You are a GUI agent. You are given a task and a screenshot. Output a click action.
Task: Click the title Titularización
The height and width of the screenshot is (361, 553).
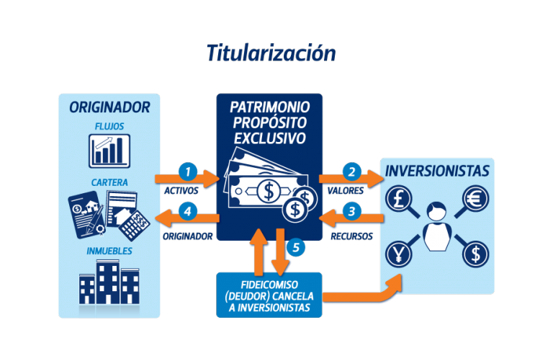click(x=271, y=53)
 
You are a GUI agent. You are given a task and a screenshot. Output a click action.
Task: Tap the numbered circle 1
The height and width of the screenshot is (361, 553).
click(x=188, y=172)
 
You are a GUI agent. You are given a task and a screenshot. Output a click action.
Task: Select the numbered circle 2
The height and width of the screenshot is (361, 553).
click(x=351, y=172)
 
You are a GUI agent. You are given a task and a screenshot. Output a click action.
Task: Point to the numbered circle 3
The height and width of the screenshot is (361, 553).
click(x=351, y=211)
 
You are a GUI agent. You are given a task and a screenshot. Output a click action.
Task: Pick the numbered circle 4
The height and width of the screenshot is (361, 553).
click(x=188, y=211)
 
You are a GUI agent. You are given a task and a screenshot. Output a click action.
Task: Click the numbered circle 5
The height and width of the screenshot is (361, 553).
click(x=296, y=247)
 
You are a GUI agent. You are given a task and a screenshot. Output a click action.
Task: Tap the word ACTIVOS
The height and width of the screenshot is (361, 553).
click(x=181, y=191)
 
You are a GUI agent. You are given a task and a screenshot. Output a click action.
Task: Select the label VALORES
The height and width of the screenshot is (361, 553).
click(x=346, y=191)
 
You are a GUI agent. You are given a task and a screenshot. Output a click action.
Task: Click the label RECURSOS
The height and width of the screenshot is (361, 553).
click(x=351, y=236)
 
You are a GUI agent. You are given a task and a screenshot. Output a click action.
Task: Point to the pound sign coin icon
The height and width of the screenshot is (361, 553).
click(x=398, y=198)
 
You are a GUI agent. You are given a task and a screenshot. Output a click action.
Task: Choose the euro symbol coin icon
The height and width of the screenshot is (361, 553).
click(x=475, y=198)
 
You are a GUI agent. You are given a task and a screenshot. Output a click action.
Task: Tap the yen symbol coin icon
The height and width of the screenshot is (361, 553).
click(x=398, y=254)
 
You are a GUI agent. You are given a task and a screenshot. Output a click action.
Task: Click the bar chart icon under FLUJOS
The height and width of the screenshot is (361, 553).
click(x=109, y=151)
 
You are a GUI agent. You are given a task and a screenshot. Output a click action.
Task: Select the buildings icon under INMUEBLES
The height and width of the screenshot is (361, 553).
click(x=109, y=282)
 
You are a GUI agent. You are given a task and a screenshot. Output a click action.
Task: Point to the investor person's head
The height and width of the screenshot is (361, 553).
click(x=436, y=210)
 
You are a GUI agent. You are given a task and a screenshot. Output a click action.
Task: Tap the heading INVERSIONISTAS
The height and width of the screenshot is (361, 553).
click(x=437, y=171)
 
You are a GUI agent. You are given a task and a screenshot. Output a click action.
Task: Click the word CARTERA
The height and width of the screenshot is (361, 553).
click(x=109, y=182)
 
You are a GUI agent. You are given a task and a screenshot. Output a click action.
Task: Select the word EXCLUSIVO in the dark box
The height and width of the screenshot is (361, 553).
click(x=270, y=138)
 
